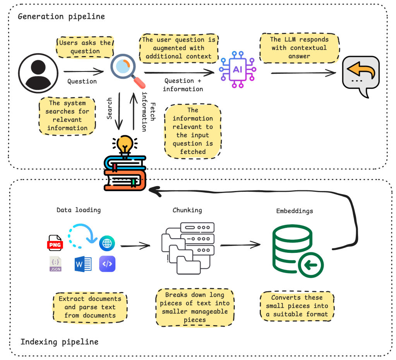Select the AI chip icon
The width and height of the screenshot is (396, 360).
pyautogui.click(x=237, y=69)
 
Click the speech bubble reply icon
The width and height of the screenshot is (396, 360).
pyautogui.click(x=360, y=75)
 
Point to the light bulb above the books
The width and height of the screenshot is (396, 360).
pyautogui.click(x=125, y=145)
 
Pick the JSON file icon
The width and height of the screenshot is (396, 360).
pyautogui.click(x=55, y=263)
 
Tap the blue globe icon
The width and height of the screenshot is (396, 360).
pyautogui.click(x=107, y=243)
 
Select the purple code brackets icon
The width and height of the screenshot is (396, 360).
pyautogui.click(x=107, y=264)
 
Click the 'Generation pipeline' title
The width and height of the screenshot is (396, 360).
pyautogui.click(x=61, y=17)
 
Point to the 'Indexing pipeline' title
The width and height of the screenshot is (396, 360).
pyautogui.click(x=59, y=342)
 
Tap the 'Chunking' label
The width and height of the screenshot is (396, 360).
pyautogui.click(x=187, y=210)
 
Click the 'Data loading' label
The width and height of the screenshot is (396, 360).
pyautogui.click(x=79, y=210)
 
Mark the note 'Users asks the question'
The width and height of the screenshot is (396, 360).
pyautogui.click(x=85, y=47)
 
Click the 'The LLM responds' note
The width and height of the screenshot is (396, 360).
pyautogui.click(x=299, y=48)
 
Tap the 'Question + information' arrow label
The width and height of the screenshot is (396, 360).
pyautogui.click(x=183, y=85)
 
